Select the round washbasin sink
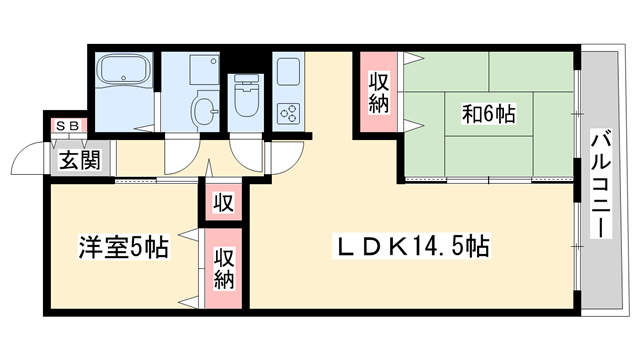pyautogui.click(x=203, y=109)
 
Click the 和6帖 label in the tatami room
pyautogui.click(x=489, y=114)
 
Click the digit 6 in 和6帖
pyautogui.click(x=489, y=114)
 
